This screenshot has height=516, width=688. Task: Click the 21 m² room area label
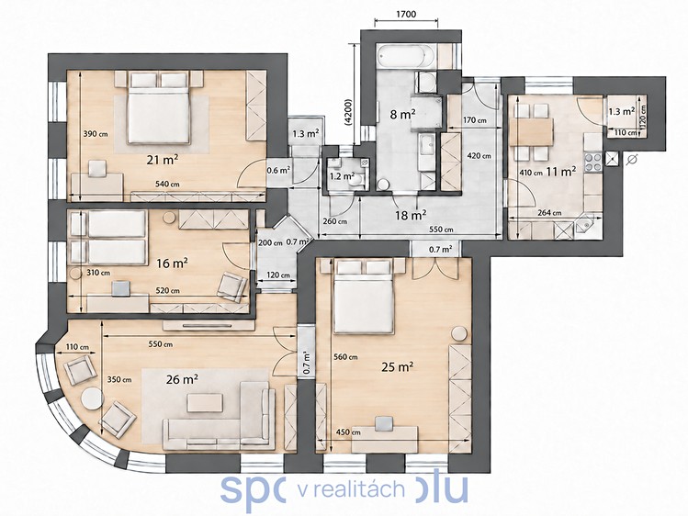163,160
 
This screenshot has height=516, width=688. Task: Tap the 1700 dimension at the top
406,14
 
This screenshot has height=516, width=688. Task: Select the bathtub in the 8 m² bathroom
406,56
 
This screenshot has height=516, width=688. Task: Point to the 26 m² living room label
182,379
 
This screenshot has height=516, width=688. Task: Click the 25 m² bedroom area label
398,367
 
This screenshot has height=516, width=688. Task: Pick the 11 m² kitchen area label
561,172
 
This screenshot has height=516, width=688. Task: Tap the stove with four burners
592,162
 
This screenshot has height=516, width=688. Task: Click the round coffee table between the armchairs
92,399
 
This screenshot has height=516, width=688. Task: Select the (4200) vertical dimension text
348,112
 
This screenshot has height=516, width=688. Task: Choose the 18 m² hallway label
411,215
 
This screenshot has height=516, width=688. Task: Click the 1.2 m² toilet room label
343,176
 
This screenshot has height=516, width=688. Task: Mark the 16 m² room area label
173,263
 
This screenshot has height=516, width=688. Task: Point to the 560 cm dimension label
345,357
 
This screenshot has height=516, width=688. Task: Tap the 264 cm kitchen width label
550,213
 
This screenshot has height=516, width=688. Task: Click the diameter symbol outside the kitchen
632,160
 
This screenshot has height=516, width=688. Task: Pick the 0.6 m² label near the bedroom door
278,171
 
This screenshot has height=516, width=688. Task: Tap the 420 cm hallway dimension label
479,156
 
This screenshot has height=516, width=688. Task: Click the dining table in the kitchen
531,132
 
